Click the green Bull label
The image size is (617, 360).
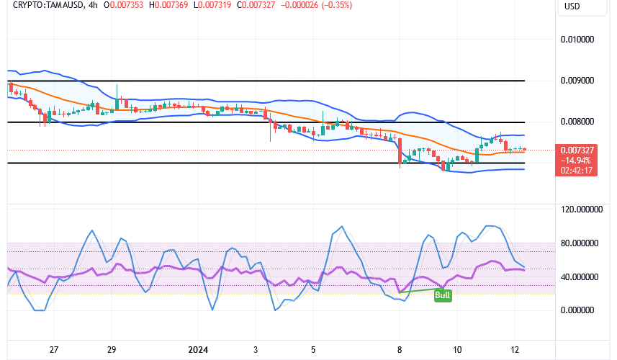[443, 295]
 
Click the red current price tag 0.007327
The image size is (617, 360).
[580, 150]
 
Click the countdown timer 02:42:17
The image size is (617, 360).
[580, 171]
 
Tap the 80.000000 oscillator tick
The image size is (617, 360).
[580, 243]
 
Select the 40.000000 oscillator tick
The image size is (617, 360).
[580, 277]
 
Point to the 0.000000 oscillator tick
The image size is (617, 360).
[580, 310]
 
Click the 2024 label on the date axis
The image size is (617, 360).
[197, 349]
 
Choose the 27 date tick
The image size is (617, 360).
[54, 349]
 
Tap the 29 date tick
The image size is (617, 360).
[112, 349]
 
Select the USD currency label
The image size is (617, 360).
[573, 6]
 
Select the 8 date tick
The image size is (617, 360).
[400, 349]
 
